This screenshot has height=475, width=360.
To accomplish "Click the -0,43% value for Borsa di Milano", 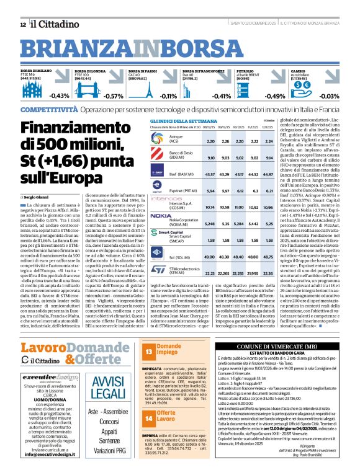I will pos(60,96).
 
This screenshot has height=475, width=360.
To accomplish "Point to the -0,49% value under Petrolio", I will pos(275,96).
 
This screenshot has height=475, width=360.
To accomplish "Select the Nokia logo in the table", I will pos(161,217).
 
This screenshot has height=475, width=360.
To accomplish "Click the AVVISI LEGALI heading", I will pos(99,380).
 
